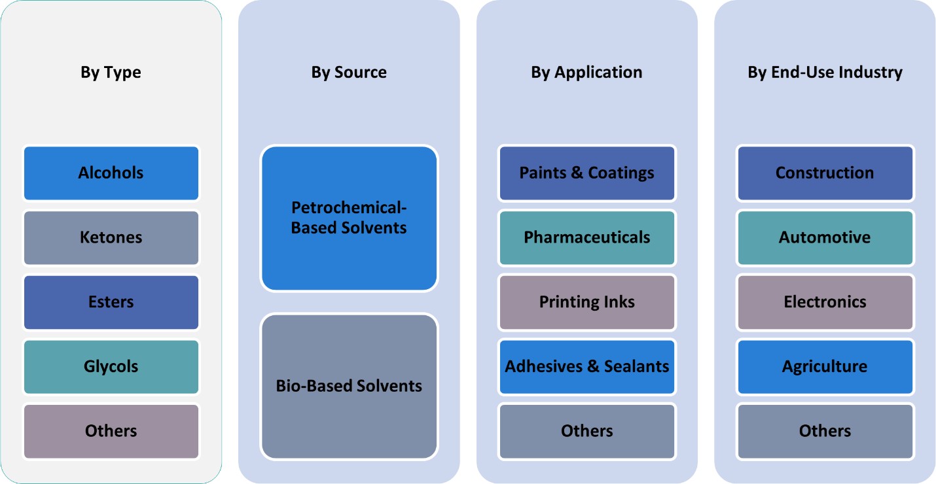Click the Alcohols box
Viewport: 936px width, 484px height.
coord(111,173)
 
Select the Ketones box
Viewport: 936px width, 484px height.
coord(111,237)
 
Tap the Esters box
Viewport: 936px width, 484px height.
coord(111,302)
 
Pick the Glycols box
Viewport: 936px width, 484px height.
coord(111,366)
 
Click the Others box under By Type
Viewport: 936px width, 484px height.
coord(111,431)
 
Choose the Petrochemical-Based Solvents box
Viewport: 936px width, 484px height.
coord(349,218)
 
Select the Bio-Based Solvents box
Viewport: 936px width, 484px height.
coord(349,386)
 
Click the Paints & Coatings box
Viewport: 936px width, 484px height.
coord(587,173)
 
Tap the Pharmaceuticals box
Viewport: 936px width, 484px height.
coord(587,237)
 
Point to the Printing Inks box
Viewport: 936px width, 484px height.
coord(587,302)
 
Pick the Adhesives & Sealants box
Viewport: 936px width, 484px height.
coord(587,366)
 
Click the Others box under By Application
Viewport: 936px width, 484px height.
coord(587,431)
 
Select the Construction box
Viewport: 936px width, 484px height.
coord(825,173)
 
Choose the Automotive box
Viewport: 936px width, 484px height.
coord(825,237)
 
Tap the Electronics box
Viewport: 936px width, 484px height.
coord(825,302)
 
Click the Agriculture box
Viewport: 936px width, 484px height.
coord(825,366)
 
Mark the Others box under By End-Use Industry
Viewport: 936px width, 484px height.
coord(825,431)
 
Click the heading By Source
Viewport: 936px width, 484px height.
coord(349,72)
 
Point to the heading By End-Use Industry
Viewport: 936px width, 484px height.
coord(825,72)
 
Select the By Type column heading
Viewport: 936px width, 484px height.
coord(111,72)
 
